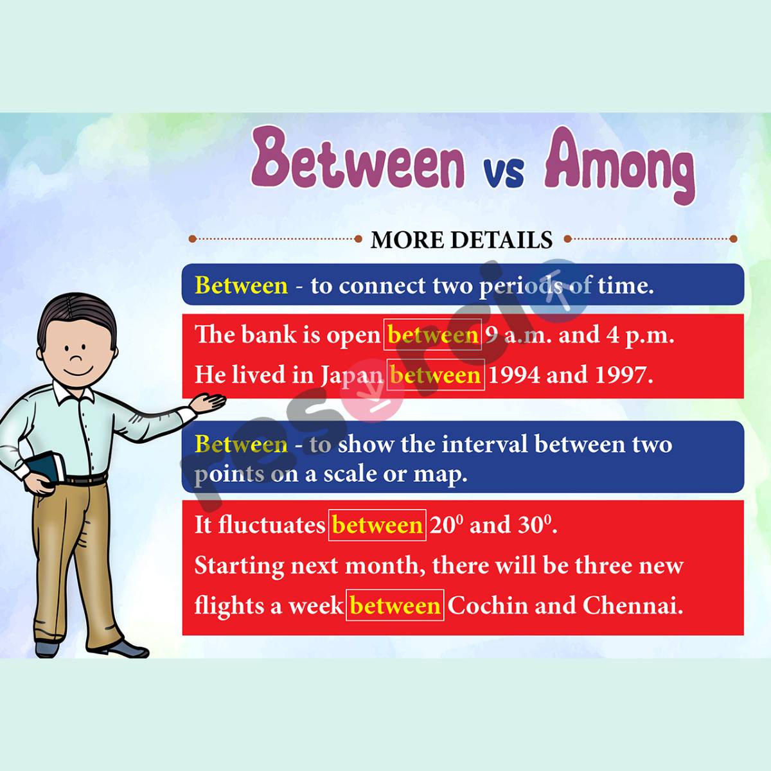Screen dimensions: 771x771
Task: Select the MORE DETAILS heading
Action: pos(461,240)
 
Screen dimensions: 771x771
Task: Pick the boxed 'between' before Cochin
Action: pos(395,605)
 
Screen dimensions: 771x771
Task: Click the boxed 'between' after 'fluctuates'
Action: pos(377,525)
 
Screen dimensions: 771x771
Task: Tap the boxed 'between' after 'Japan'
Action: pos(435,375)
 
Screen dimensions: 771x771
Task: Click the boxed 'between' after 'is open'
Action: pos(432,335)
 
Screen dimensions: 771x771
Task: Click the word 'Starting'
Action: pos(239,566)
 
